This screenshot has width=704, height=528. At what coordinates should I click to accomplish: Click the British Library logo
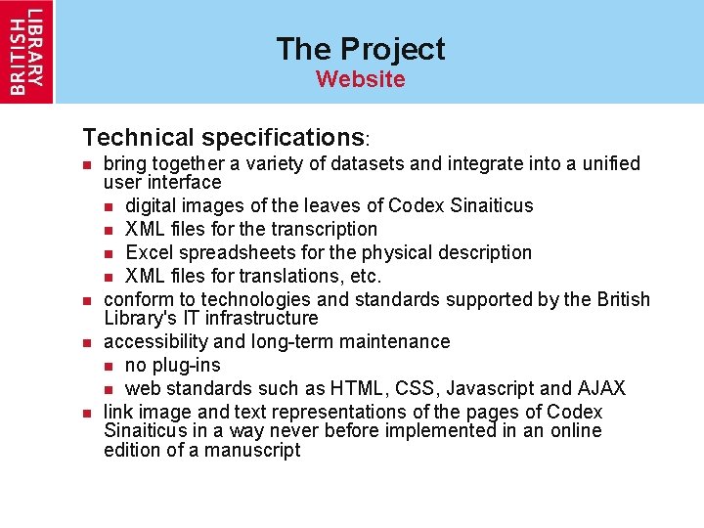click(x=27, y=51)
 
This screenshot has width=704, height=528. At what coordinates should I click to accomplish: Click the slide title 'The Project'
click(x=360, y=49)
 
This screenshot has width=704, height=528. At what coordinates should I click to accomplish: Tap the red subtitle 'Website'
click(x=360, y=79)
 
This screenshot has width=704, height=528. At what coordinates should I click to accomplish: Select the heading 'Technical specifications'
click(x=223, y=137)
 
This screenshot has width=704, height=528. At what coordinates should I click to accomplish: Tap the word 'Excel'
click(x=150, y=252)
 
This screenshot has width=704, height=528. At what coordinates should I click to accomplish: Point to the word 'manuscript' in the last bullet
click(x=253, y=450)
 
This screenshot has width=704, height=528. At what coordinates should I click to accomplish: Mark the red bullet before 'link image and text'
click(x=87, y=413)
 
